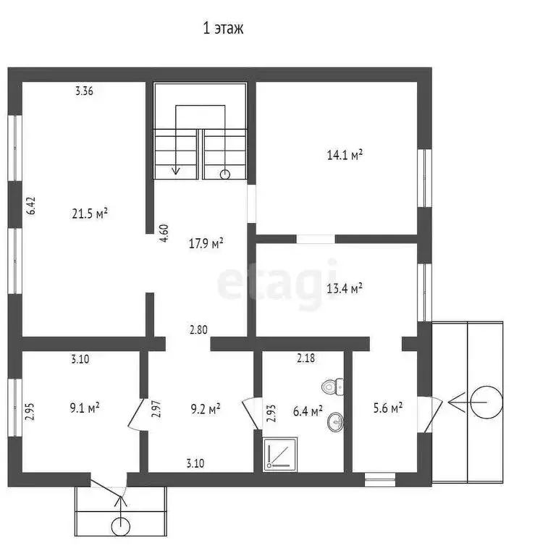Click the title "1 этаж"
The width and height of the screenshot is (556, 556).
[x=223, y=28]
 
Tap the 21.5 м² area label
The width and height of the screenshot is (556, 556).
[x=90, y=214]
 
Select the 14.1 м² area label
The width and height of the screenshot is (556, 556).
[x=345, y=155]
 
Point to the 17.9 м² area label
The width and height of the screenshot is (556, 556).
[x=206, y=243]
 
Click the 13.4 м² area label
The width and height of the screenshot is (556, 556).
[x=345, y=288]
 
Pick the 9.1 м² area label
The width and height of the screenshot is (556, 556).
[x=85, y=408]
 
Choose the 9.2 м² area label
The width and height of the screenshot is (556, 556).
[x=206, y=409]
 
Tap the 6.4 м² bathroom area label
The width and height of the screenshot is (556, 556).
[x=308, y=411]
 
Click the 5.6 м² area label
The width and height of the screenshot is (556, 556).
[x=387, y=408]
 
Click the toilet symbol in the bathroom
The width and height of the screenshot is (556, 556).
[x=332, y=387]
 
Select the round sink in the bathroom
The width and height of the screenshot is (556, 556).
[x=335, y=421]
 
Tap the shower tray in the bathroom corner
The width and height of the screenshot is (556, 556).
[x=280, y=454]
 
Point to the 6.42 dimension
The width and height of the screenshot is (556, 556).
[x=31, y=206]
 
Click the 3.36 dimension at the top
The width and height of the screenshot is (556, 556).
[x=84, y=91]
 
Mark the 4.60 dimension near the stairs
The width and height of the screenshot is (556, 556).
[x=164, y=233]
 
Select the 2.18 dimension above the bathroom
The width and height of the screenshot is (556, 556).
[x=306, y=358]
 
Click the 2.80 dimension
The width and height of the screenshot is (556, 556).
[x=198, y=330]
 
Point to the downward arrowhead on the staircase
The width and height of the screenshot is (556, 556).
[x=175, y=171]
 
